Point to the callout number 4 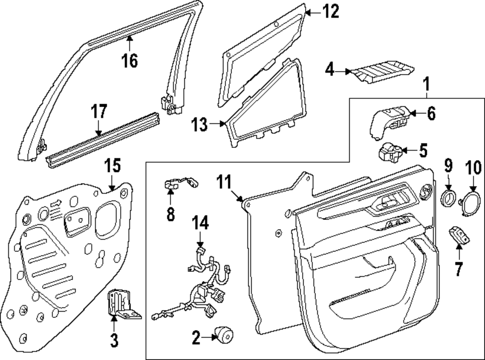coord(330,70)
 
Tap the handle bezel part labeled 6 coord(390,121)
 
